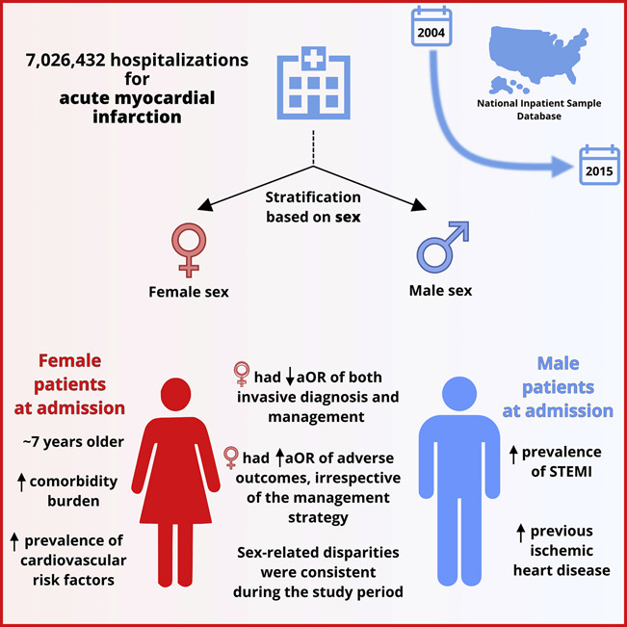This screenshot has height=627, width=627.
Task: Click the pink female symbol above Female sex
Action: tap(187, 248)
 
